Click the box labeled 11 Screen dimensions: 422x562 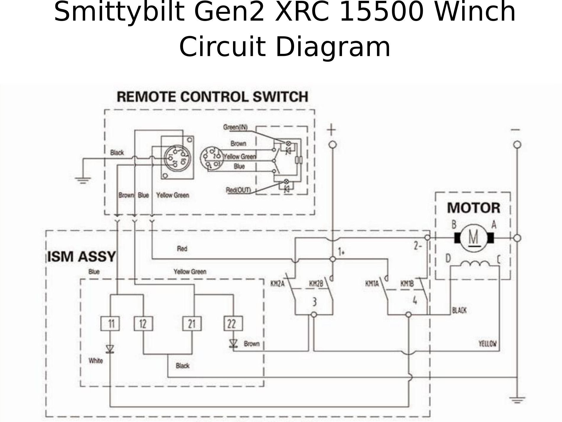(x=110, y=323)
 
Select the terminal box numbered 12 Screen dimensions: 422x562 (x=143, y=323)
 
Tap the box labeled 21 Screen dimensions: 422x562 (x=192, y=323)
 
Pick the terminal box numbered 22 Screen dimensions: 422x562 (x=233, y=323)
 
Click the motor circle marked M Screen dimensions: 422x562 (x=474, y=238)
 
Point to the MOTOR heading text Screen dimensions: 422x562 (x=473, y=208)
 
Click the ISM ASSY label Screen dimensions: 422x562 (x=81, y=257)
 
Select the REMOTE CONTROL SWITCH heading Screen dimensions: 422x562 (x=212, y=97)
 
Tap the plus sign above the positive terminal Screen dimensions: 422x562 (x=332, y=130)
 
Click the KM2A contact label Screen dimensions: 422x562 (x=277, y=284)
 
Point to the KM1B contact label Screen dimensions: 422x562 (x=407, y=284)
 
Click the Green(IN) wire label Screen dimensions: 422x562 (x=235, y=127)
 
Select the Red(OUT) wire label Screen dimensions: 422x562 (x=238, y=190)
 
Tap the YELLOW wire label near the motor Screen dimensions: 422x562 (x=487, y=344)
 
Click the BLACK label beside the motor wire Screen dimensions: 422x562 (x=459, y=310)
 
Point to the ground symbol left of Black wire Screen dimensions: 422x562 (x=83, y=180)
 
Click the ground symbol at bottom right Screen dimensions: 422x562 (x=517, y=400)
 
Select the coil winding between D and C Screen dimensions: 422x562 (x=475, y=263)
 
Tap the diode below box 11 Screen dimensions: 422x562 (x=110, y=349)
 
